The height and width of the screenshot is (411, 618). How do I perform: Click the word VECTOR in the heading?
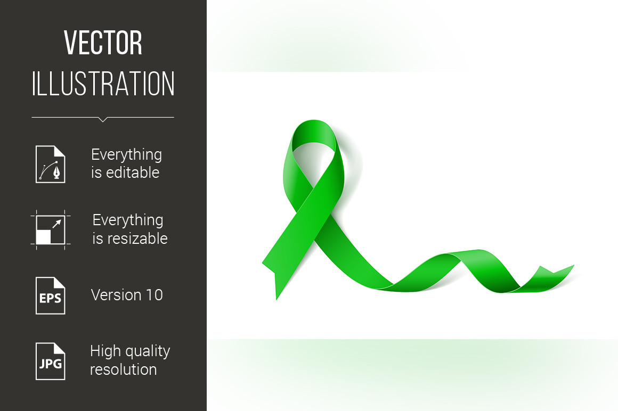pyautogui.click(x=103, y=43)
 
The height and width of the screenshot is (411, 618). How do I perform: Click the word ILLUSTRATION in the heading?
pyautogui.click(x=103, y=84)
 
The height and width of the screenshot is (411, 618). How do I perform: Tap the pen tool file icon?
pyautogui.click(x=51, y=164)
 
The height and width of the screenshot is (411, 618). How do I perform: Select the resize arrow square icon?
pyautogui.click(x=51, y=229)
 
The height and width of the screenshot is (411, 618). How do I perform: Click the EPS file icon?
pyautogui.click(x=51, y=295)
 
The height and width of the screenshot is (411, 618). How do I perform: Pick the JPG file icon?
pyautogui.click(x=51, y=361)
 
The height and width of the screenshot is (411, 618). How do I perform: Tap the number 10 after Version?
pyautogui.click(x=154, y=295)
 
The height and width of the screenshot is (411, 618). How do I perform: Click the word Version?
pyautogui.click(x=116, y=295)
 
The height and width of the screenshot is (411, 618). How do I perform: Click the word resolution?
pyautogui.click(x=124, y=369)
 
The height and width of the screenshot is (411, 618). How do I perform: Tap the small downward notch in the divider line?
pyautogui.click(x=103, y=120)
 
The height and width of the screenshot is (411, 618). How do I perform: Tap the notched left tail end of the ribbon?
pyautogui.click(x=272, y=276)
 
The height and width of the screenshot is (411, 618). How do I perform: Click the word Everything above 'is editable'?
pyautogui.click(x=126, y=155)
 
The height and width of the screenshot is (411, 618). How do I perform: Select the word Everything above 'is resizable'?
pyautogui.click(x=128, y=220)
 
